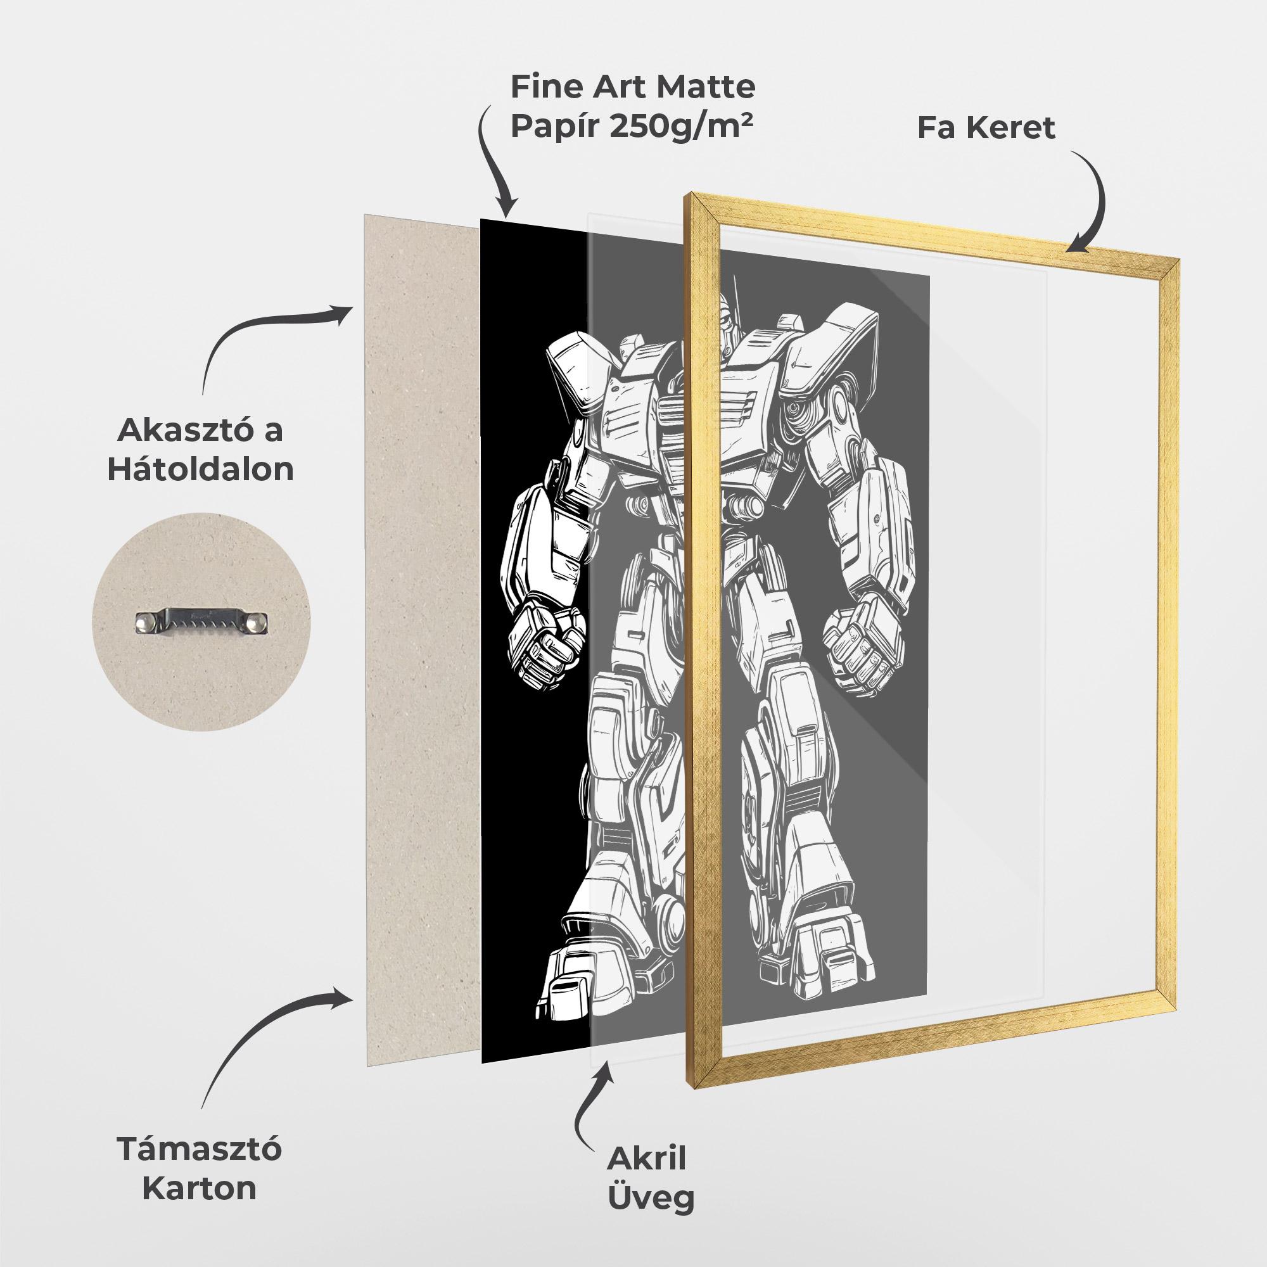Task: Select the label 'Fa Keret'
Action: click(986, 128)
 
